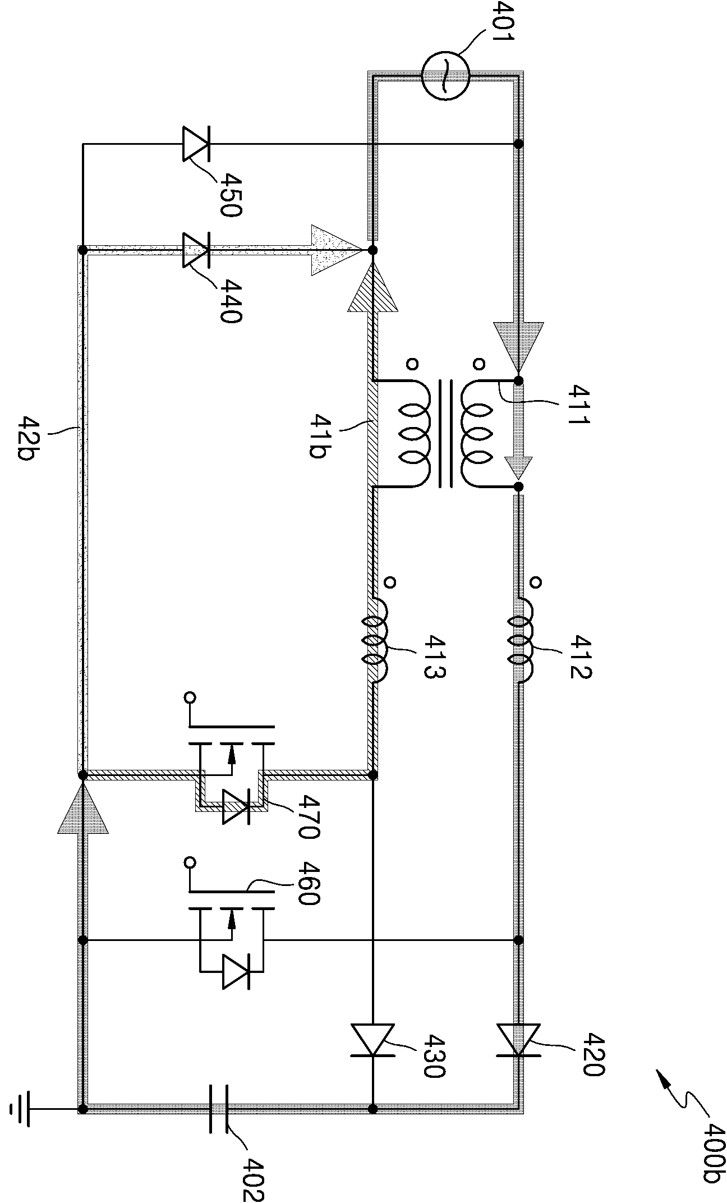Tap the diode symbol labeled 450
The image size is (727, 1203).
(196, 144)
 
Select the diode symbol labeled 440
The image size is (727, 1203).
(196, 250)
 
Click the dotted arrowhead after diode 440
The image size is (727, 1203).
(337, 250)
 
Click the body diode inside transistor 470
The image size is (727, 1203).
(236, 807)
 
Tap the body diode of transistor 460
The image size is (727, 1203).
(236, 972)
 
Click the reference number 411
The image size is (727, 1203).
(578, 404)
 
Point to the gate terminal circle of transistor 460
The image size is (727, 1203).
(190, 861)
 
